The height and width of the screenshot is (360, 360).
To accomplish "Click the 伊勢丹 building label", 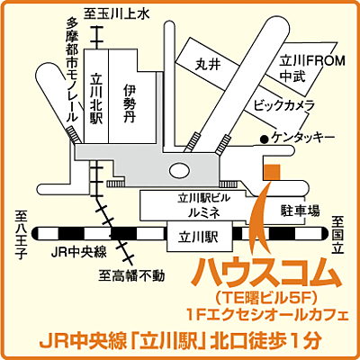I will point(130,104).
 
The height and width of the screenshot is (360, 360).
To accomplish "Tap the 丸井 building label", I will point(207,65).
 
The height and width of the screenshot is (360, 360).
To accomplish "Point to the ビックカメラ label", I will point(283,105).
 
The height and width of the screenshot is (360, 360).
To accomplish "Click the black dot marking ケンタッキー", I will point(263,139).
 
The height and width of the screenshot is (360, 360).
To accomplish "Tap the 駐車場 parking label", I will point(301,211).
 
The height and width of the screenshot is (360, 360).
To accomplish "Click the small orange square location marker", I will point(275,168).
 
